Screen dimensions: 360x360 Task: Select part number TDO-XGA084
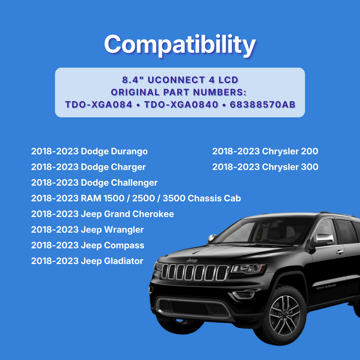point(97,104)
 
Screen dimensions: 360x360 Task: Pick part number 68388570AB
point(263,104)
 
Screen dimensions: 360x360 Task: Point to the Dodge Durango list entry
point(89,151)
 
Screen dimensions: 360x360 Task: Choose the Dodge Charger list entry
point(88,167)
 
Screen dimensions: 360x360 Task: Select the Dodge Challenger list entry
point(94,183)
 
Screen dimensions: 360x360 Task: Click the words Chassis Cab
point(214,198)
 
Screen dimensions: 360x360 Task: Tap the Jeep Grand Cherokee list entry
point(102,214)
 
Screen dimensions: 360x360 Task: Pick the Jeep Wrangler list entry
point(87,230)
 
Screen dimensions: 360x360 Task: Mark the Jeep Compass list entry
point(88,245)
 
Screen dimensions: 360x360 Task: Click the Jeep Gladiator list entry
point(87,261)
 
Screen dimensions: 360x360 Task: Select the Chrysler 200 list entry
point(265,151)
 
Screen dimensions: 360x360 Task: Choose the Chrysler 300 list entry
point(265,167)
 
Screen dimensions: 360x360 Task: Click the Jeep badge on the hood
point(192,260)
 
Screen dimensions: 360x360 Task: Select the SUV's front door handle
point(340,252)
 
